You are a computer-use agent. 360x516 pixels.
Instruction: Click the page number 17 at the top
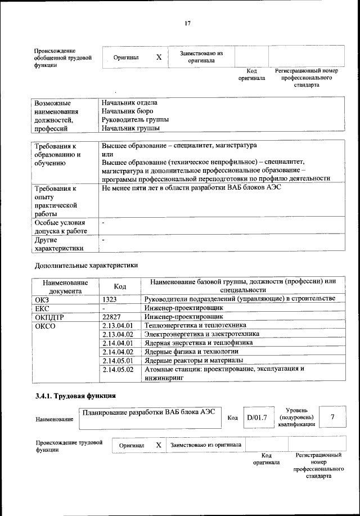coord(188,23)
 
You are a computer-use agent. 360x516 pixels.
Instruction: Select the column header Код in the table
coord(120,286)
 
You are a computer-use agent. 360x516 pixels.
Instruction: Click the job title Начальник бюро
coord(127,111)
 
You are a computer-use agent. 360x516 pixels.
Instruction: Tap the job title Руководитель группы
coord(135,120)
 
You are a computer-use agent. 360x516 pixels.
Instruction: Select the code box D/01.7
coord(256,418)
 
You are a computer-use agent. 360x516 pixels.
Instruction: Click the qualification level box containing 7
coord(332,417)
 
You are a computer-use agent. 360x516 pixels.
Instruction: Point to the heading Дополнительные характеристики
coord(86,264)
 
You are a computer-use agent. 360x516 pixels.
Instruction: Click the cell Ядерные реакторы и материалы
coord(193,360)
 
